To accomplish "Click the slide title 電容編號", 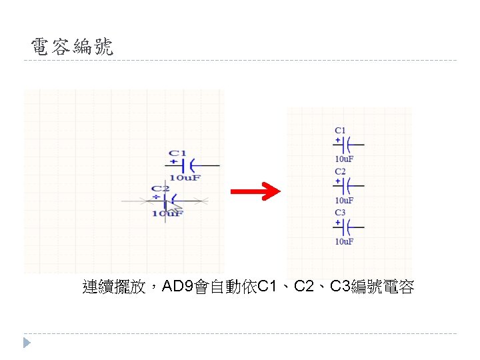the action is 72,47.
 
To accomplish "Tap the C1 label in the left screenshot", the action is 178,153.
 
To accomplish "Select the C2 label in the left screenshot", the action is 159,189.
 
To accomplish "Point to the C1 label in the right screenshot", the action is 340,131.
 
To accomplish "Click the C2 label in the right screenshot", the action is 340,172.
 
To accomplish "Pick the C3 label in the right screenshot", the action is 340,213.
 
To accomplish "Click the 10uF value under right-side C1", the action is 344,159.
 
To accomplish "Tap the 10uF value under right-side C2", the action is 344,200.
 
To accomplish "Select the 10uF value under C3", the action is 344,241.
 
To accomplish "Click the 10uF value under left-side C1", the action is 185,177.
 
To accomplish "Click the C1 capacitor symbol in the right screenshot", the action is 348,145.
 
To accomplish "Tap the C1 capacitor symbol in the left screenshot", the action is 191,164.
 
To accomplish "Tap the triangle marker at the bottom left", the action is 27,343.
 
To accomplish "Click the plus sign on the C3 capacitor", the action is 338,222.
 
